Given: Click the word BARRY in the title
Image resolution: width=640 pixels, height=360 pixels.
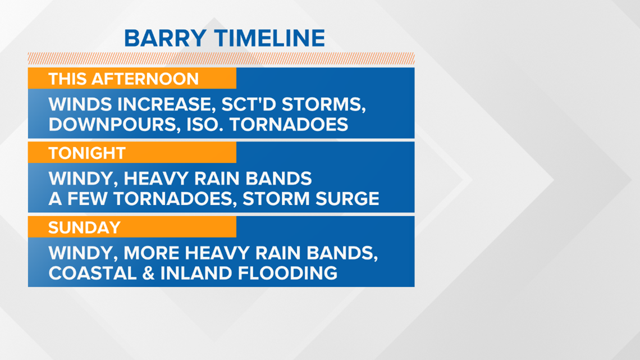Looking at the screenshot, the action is [165, 38].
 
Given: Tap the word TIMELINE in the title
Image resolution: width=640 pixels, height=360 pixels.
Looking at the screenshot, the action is [270, 38].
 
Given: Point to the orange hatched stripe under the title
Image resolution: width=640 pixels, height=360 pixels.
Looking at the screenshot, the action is [221, 58].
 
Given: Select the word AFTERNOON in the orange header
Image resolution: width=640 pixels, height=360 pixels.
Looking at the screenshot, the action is [145, 79].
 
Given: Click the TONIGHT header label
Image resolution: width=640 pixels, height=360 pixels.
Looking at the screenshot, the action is [87, 153].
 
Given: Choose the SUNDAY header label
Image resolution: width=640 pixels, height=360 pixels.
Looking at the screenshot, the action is [84, 227].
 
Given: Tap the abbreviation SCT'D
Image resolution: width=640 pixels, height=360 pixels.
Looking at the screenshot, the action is [249, 104].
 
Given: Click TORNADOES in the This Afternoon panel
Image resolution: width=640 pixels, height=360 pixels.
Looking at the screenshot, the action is [289, 125].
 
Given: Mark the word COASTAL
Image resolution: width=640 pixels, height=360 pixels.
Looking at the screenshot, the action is [93, 273].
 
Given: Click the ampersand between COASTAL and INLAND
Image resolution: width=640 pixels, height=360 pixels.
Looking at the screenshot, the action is [148, 273].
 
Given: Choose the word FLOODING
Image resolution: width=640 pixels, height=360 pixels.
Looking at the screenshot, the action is [287, 273].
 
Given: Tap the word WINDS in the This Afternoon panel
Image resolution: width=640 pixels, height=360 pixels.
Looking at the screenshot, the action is [80, 104].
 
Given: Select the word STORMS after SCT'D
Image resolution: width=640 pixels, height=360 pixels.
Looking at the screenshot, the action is [324, 104].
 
